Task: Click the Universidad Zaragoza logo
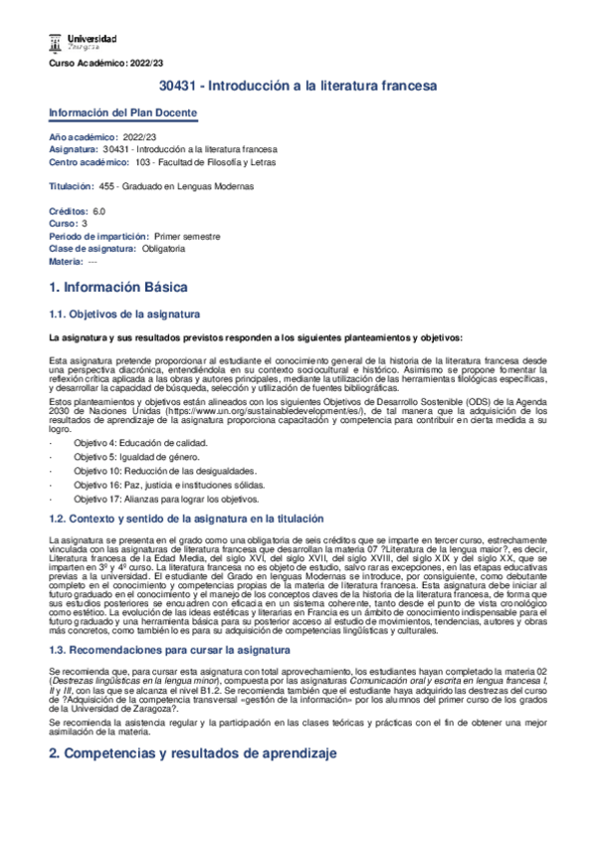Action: pos(83,41)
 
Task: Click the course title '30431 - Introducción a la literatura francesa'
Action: pos(298,88)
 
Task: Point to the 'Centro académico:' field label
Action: pos(89,161)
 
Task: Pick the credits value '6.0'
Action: pos(99,211)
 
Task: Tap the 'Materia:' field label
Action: pos(66,261)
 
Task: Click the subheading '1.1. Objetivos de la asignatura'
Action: pos(124,314)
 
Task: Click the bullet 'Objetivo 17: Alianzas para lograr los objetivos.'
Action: pos(175,499)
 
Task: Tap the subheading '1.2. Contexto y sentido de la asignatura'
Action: pos(187,519)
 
